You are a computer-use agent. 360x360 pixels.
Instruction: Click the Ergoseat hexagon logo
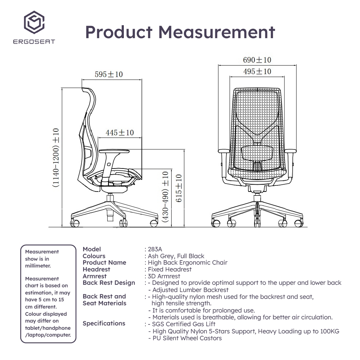tap(34, 22)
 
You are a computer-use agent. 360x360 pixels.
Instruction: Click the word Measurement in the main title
tap(217, 32)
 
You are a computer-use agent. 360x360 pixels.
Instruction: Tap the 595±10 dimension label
tap(109, 75)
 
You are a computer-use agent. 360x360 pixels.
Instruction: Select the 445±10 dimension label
tap(120, 132)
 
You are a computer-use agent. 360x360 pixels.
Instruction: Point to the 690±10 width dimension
tap(257, 60)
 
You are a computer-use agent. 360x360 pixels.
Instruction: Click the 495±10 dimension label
tap(257, 71)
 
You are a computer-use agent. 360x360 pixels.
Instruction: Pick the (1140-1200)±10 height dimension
tap(56, 158)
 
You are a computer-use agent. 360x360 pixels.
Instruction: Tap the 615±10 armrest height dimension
tap(179, 188)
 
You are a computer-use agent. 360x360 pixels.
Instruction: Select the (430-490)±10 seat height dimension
tap(165, 197)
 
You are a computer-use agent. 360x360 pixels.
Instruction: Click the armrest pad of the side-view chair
tap(114, 151)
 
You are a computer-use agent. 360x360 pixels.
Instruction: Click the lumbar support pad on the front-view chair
tap(257, 153)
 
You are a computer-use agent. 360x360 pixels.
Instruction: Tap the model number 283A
tap(155, 249)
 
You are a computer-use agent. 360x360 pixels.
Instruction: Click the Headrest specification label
tap(96, 269)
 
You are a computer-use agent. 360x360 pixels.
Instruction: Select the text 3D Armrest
tap(164, 276)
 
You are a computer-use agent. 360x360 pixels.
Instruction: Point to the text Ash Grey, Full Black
tap(176, 256)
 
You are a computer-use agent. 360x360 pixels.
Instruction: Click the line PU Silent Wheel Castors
tap(187, 338)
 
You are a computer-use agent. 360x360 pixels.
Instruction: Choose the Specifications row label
tap(104, 324)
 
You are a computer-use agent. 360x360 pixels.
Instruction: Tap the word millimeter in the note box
tap(38, 266)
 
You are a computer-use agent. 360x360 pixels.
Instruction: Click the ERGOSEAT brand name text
tap(34, 41)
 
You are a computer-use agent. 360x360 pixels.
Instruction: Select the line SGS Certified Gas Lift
tap(184, 324)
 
